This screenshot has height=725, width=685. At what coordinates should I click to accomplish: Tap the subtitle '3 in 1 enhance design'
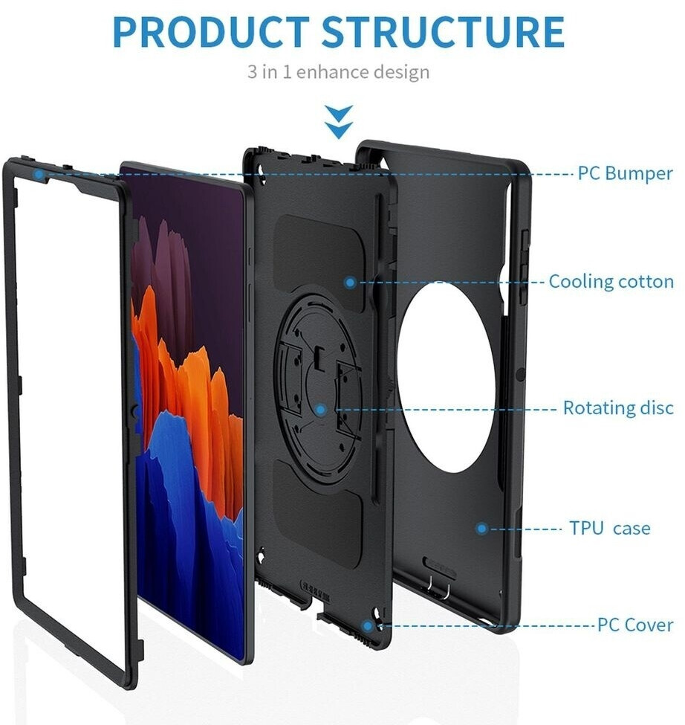pyautogui.click(x=338, y=72)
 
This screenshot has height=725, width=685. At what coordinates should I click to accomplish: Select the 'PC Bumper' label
pyautogui.click(x=625, y=174)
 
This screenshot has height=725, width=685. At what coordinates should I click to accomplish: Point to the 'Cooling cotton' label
pyautogui.click(x=611, y=282)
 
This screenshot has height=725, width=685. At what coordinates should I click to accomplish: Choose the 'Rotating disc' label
pyautogui.click(x=617, y=407)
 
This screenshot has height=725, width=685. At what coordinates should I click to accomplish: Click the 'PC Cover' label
pyautogui.click(x=635, y=624)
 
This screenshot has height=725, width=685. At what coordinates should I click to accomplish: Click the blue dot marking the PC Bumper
pyautogui.click(x=38, y=174)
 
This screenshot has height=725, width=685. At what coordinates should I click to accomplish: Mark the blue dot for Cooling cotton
pyautogui.click(x=349, y=282)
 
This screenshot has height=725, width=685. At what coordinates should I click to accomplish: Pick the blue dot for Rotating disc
pyautogui.click(x=320, y=408)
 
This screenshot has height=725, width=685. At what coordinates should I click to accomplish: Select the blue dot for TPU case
pyautogui.click(x=481, y=528)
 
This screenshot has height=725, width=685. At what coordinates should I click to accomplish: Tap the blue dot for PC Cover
pyautogui.click(x=368, y=625)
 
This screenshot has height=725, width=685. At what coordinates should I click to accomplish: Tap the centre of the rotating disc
pyautogui.click(x=320, y=387)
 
